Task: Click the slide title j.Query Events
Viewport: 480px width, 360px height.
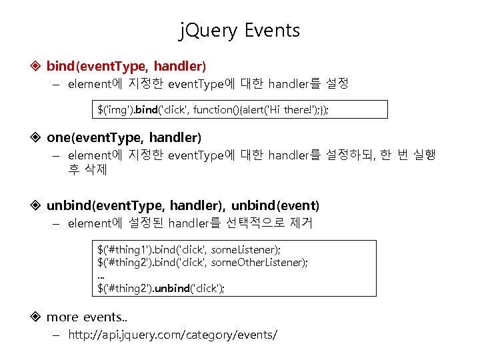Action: [240, 31]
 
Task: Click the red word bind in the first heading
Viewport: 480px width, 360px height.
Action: [61, 66]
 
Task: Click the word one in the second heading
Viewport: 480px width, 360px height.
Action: [59, 138]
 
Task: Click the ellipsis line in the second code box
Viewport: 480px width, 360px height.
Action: [101, 275]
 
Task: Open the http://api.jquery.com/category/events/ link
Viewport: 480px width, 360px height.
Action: [173, 335]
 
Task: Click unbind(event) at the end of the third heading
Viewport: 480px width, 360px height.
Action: [275, 205]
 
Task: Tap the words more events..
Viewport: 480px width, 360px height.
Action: [85, 317]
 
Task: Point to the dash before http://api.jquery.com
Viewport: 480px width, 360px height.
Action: [57, 335]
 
